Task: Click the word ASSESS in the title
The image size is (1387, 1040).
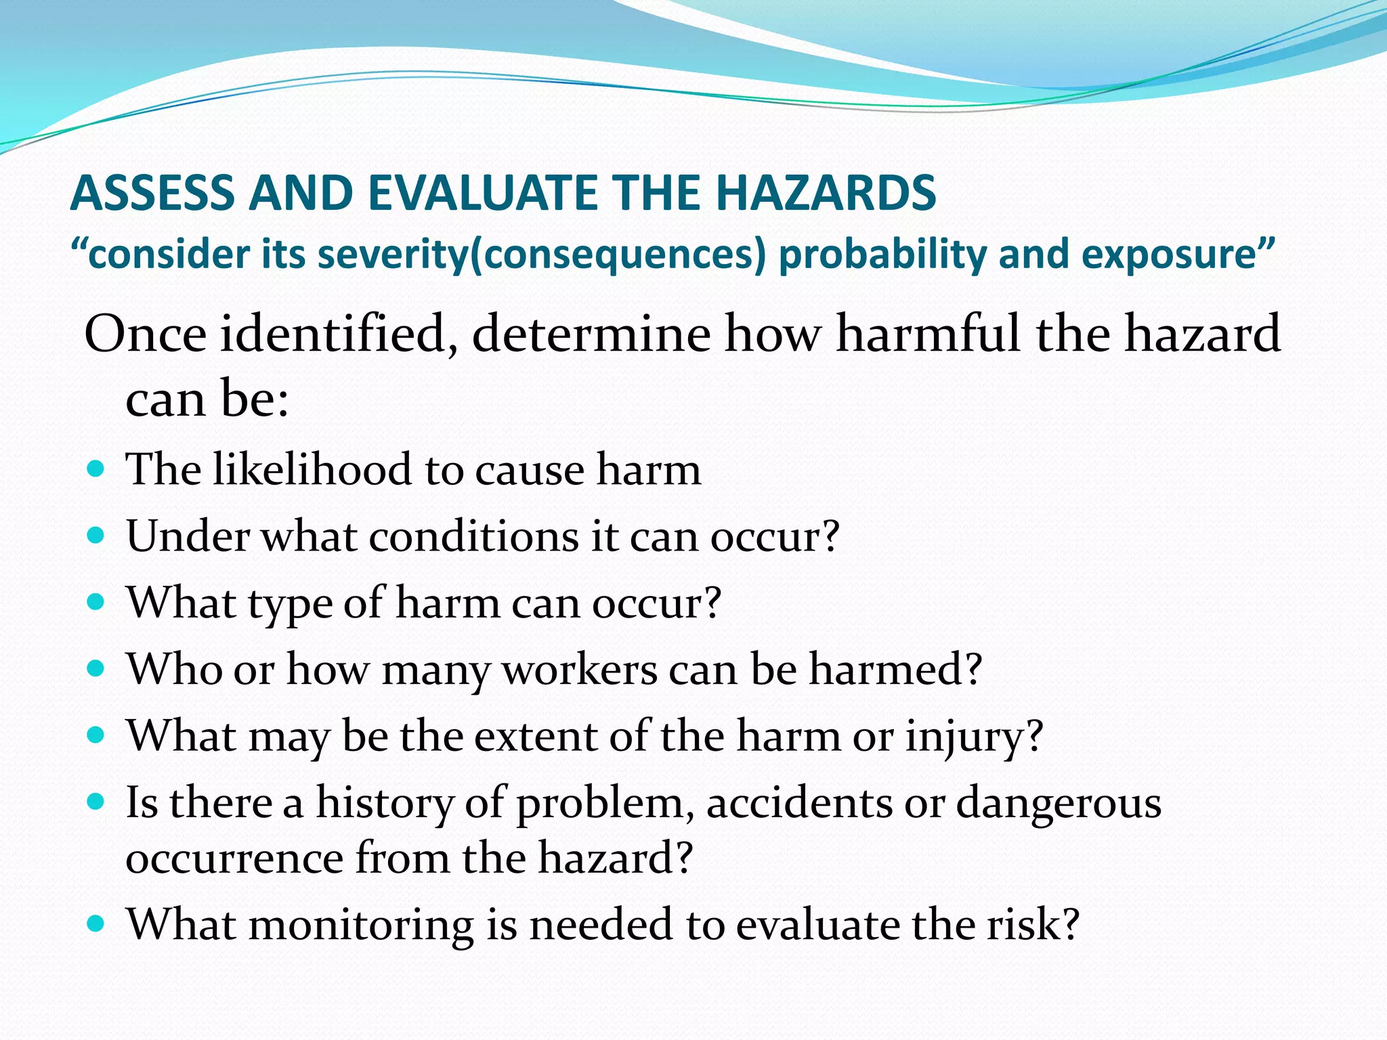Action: point(153,194)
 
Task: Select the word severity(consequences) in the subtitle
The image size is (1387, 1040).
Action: point(542,255)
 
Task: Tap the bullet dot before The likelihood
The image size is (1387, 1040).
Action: point(97,468)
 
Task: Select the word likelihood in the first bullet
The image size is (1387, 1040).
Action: point(312,469)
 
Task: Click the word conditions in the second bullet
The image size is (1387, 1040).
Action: point(474,537)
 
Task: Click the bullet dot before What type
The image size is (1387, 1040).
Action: point(97,601)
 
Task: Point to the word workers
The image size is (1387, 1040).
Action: point(580,670)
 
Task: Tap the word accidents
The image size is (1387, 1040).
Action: point(799,803)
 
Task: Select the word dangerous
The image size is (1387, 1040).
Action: point(1059,804)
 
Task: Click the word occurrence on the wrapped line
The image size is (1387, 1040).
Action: point(234,859)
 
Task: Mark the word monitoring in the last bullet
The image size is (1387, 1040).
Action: point(361,926)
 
